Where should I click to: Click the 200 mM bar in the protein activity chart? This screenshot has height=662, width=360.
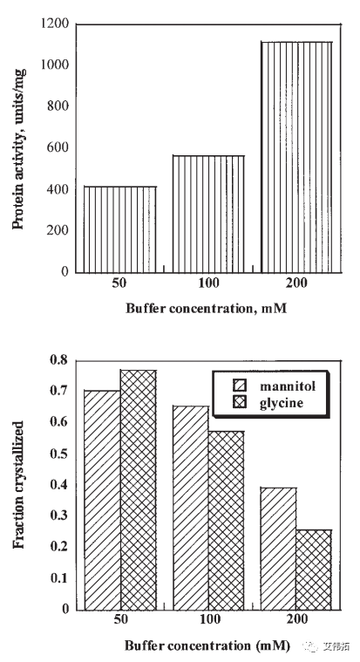click(x=296, y=157)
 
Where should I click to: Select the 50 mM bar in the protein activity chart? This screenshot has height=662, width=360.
click(x=120, y=229)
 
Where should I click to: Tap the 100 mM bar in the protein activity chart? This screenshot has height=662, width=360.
click(x=208, y=214)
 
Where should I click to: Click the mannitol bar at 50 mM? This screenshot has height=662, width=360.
click(x=103, y=501)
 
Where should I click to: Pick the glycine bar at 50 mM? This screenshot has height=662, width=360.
click(x=139, y=490)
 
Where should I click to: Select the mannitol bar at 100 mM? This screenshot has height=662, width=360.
click(x=191, y=508)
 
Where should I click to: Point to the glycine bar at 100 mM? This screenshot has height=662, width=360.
click(x=227, y=521)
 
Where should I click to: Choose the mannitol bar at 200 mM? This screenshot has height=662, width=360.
click(x=279, y=549)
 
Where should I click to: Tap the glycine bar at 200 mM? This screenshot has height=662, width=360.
click(x=314, y=570)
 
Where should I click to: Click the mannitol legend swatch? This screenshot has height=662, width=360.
click(x=240, y=386)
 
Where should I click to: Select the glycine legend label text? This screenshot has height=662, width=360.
click(x=282, y=403)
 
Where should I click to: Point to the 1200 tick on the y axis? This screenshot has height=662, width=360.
click(x=55, y=24)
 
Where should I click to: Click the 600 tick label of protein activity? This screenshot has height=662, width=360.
click(x=58, y=147)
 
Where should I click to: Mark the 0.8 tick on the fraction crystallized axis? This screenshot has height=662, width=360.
click(x=58, y=360)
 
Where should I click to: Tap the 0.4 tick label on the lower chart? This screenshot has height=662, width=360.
click(x=58, y=485)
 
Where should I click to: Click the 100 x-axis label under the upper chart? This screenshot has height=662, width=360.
click(x=208, y=283)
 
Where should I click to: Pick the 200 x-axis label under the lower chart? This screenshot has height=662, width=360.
click(x=296, y=620)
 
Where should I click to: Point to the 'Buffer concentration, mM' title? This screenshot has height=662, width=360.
click(x=207, y=309)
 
